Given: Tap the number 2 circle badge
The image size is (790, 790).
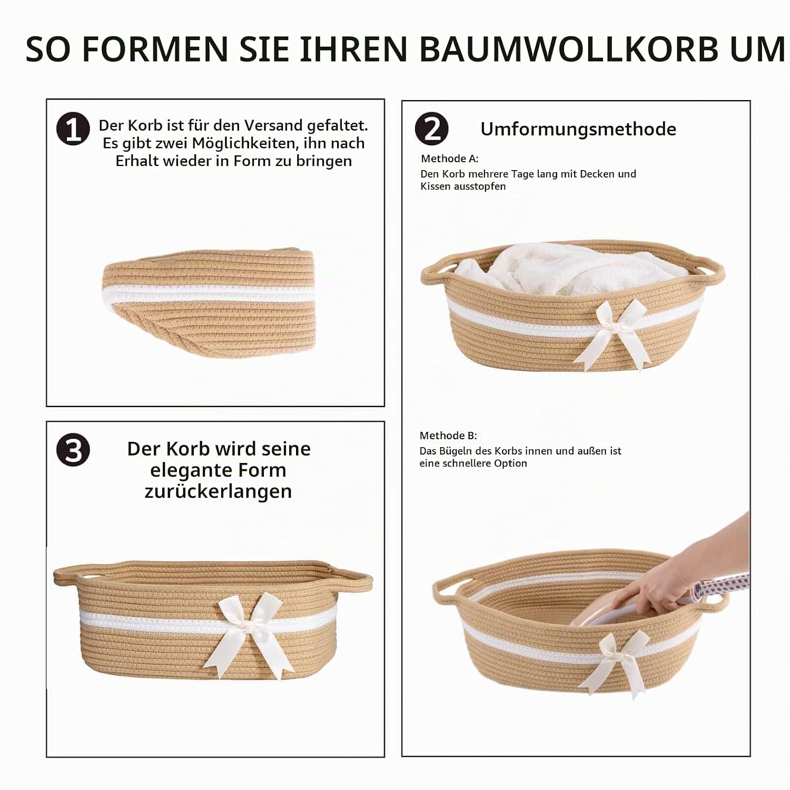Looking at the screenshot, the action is coord(431,129).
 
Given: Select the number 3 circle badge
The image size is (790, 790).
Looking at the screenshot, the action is coord(73,450).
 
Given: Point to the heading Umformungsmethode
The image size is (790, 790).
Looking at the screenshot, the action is coord(578,129).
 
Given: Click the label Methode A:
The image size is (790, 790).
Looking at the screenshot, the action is coord(450,159).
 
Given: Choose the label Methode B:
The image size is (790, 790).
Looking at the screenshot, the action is coord(448,436).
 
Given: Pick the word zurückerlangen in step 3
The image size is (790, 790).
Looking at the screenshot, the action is coord(218,491).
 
